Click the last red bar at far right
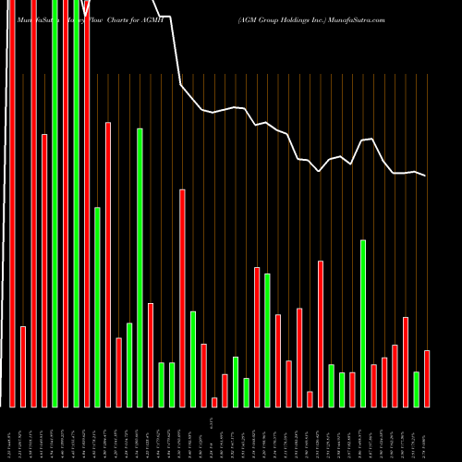427,379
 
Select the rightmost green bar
416,389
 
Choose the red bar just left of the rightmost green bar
406,361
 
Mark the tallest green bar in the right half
363,323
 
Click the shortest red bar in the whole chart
214,402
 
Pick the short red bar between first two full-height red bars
23,366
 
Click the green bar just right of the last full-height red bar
97,307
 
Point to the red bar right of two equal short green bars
182,298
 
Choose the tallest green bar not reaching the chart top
140,267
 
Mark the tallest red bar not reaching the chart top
108,264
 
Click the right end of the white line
425,176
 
